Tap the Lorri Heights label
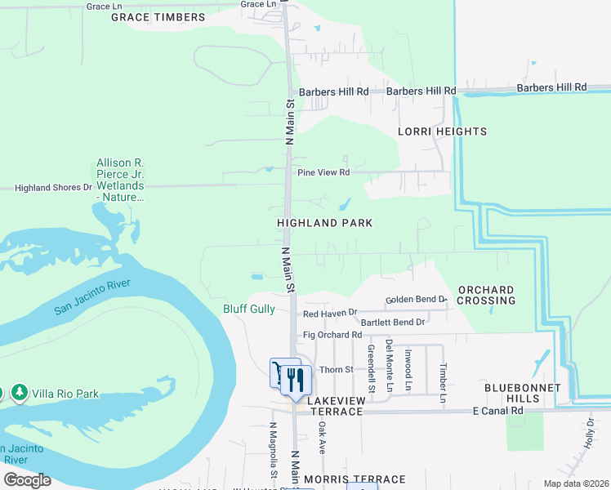pos(442,131)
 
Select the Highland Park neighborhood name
pos(324,223)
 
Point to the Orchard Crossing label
pos(486,295)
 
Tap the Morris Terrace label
pos(354,479)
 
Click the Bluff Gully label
pos(249,310)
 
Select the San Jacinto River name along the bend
pos(92,297)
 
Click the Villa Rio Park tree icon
pos(19,394)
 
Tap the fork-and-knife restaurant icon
pos(295,380)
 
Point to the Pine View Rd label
pos(323,172)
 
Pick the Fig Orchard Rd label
pos(332,335)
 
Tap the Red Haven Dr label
pos(330,313)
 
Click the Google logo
pos(27,480)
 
